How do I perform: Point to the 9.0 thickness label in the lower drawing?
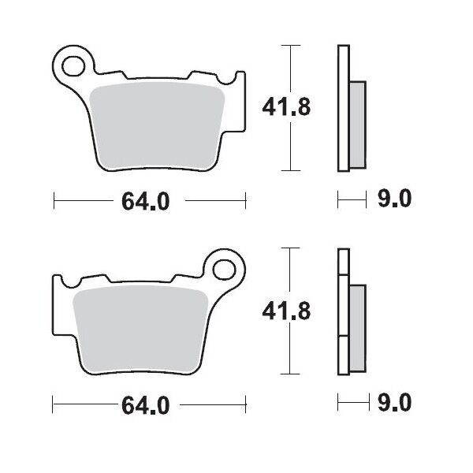pos(394,405)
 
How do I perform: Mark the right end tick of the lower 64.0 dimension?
pos(244,405)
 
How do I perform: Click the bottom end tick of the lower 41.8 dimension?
pos(292,374)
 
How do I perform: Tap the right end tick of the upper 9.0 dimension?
pos(367,201)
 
